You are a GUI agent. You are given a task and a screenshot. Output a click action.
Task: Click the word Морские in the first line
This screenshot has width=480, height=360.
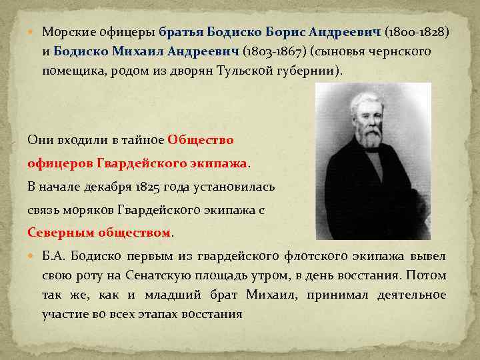pos(64,33)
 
